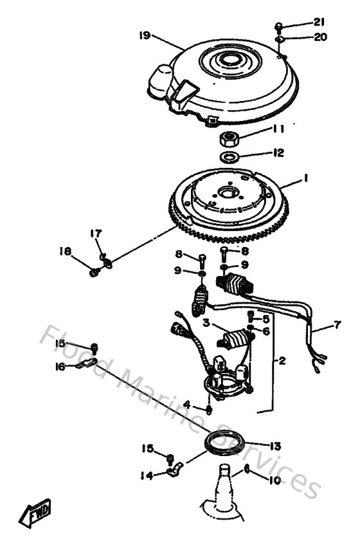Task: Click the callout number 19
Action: (145, 35)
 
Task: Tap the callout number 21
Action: (319, 24)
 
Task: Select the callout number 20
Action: (319, 37)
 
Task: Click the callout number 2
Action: (282, 361)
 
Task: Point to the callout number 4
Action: (186, 404)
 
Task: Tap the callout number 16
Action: (60, 366)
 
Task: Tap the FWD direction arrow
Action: (36, 514)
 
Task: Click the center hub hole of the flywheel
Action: (228, 190)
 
